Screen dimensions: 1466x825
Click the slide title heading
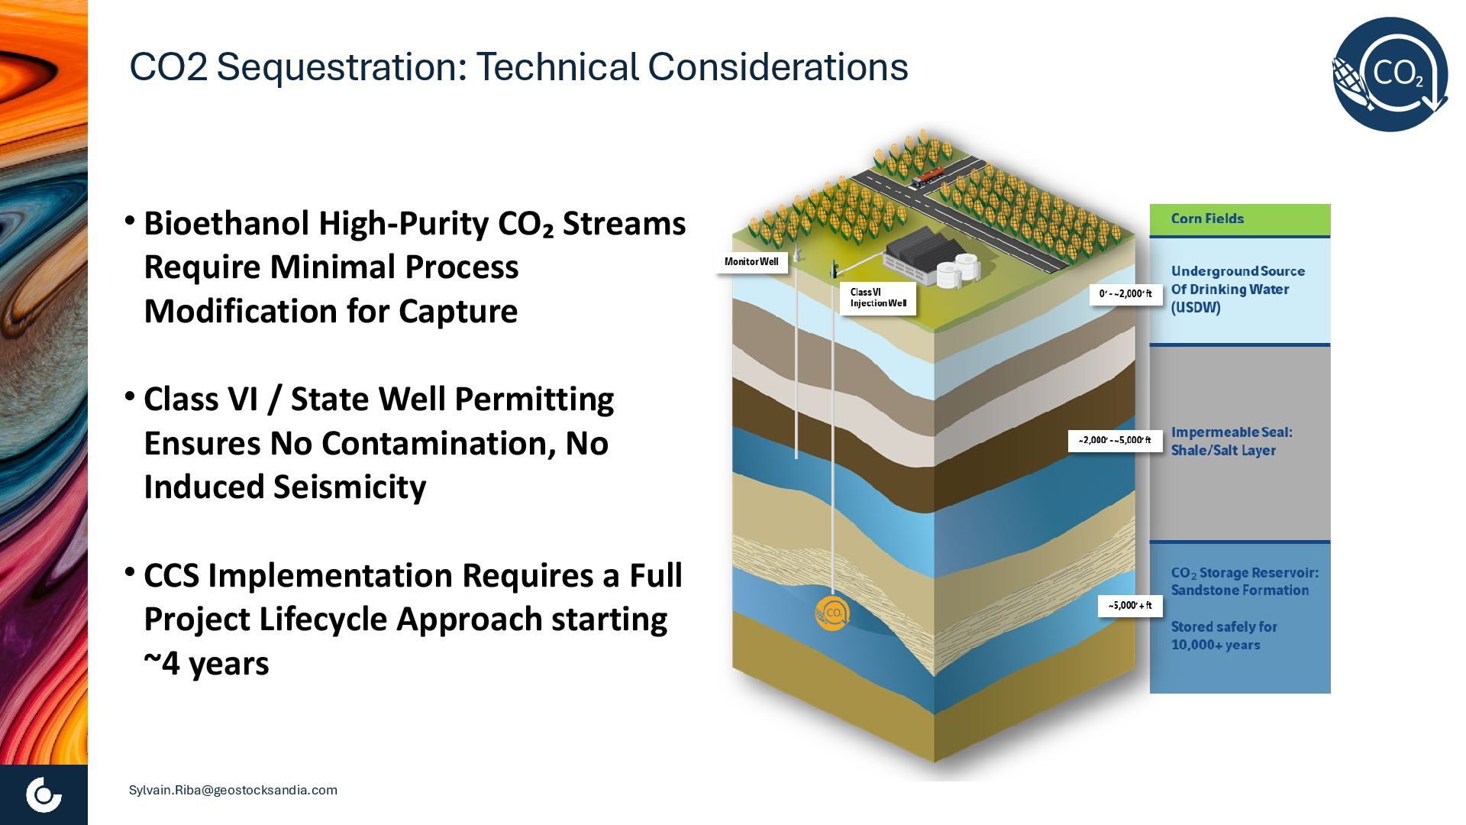518,67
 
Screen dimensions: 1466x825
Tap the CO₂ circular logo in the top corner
1390,74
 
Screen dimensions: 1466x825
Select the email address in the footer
233,790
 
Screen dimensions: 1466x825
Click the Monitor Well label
751,262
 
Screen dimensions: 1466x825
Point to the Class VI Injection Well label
878,298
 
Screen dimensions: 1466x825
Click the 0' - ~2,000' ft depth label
1125,294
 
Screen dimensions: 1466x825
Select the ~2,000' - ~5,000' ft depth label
1114,441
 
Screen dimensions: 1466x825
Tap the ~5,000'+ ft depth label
1130,606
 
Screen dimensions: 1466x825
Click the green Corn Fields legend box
1239,219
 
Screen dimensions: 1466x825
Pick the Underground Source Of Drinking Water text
1237,290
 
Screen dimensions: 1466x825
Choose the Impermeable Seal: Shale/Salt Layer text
1231,442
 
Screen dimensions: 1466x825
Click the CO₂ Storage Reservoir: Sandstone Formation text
1244,581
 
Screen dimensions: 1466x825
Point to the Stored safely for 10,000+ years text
1223,636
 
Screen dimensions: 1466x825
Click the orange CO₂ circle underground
831,613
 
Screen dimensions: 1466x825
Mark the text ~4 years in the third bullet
206,663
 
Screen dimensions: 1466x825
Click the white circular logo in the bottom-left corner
44,794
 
